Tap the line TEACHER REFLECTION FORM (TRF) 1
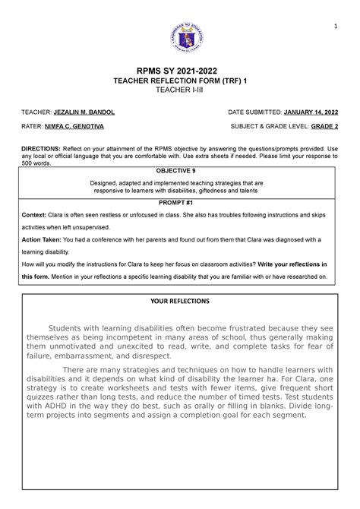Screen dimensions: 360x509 (180, 85)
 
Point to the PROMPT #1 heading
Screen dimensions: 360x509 (180, 204)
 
